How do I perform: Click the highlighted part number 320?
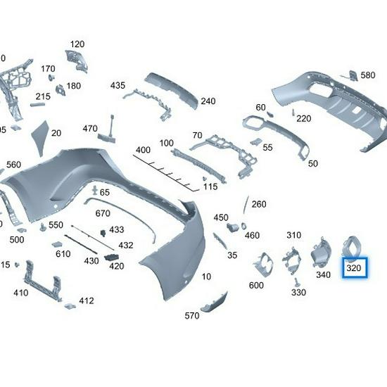353,268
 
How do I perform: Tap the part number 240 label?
208,101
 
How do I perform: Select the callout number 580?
368,75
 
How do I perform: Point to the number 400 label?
143,150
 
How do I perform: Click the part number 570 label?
192,316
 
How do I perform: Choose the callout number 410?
20,293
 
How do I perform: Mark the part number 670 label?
103,213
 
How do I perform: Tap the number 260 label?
259,204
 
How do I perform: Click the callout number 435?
117,85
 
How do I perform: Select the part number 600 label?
256,285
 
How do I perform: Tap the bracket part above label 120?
77,60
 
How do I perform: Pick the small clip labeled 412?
70,305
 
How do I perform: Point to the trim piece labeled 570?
214,302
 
